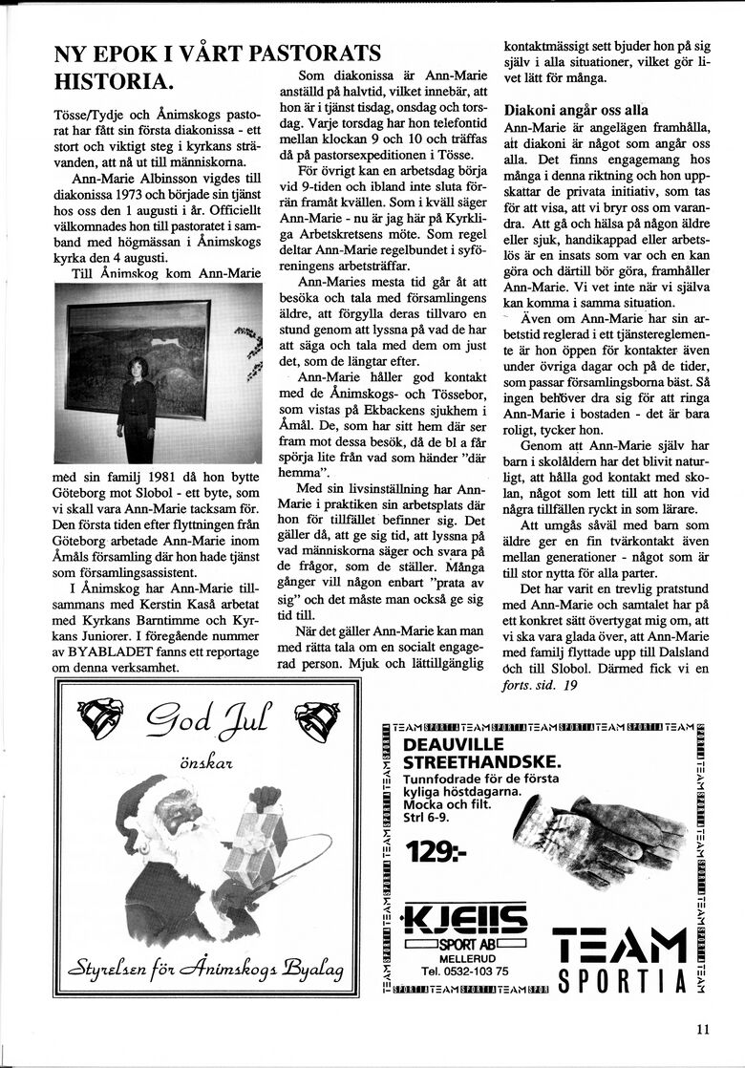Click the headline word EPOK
coord(136,54)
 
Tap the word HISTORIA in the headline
coord(114,80)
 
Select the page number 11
coord(703,1029)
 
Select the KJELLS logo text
coord(464,921)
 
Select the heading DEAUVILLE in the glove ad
coord(458,745)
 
